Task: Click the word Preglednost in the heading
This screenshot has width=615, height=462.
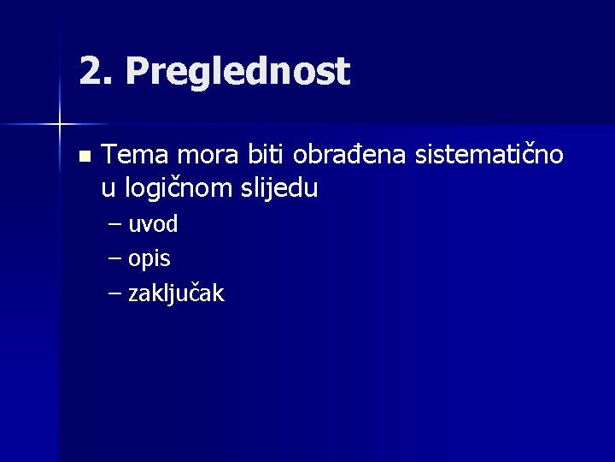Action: pos(237,72)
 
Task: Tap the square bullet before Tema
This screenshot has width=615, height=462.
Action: pos(83,157)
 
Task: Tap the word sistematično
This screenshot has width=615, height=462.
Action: pos(489,155)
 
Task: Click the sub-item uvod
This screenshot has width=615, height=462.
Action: pos(153,225)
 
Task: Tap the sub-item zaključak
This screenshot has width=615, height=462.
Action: pos(176,293)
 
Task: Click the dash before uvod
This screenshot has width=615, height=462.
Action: pos(115,226)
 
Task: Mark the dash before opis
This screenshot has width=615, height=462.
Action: pos(115,259)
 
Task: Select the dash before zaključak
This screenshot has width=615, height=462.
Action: pos(115,293)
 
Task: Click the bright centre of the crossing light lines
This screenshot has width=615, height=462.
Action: pos(60,125)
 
